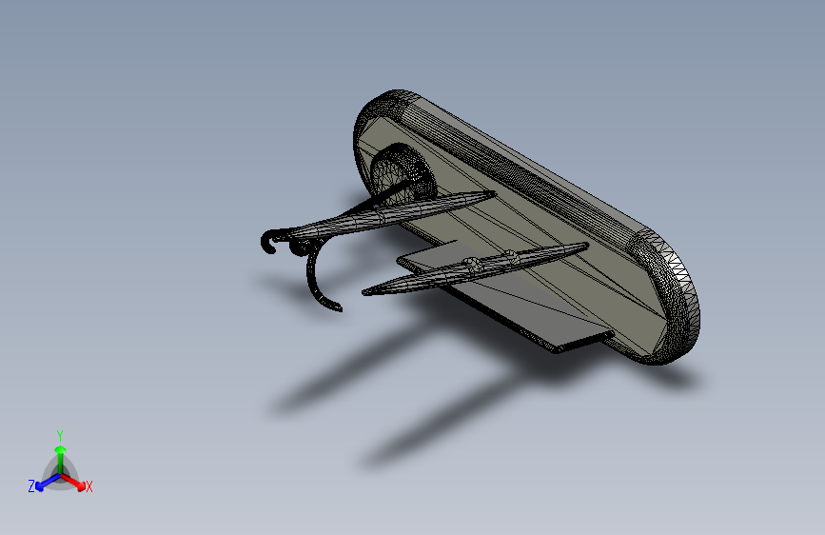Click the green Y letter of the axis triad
(59, 434)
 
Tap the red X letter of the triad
(89, 487)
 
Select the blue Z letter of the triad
(31, 486)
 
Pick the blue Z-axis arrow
(44, 482)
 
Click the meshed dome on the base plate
(395, 172)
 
